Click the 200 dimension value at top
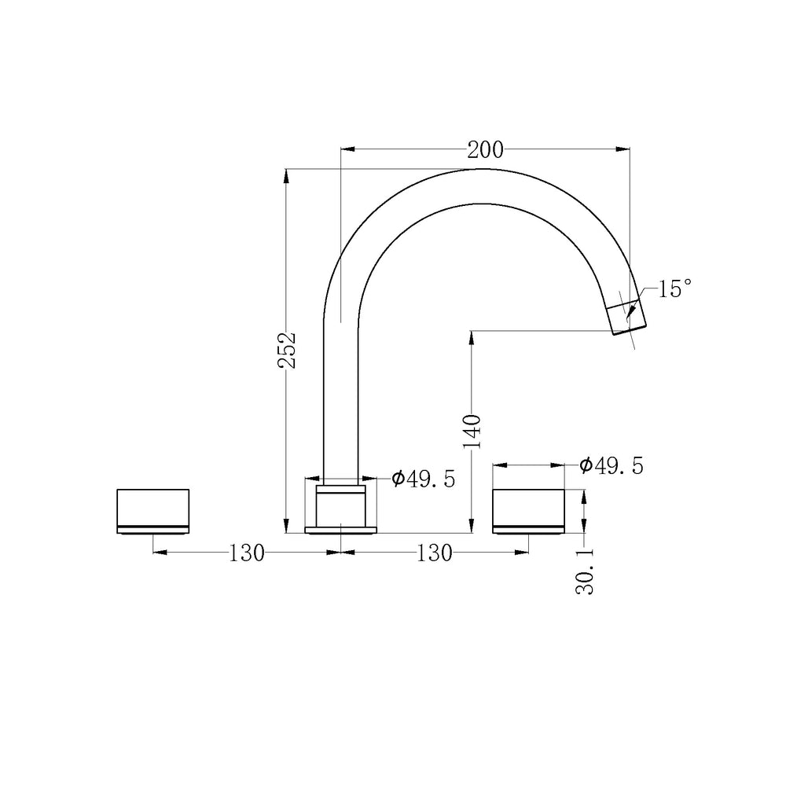pos(485,149)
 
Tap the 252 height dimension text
pos(287,350)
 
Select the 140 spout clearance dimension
pos(472,432)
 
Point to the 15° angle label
pos(674,288)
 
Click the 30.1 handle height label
pos(585,571)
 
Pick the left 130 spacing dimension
pos(247,553)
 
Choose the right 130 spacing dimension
pos(434,553)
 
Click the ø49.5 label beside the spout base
pos(424,479)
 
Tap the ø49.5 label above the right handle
pos(611,465)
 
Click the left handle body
pos(153,511)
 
